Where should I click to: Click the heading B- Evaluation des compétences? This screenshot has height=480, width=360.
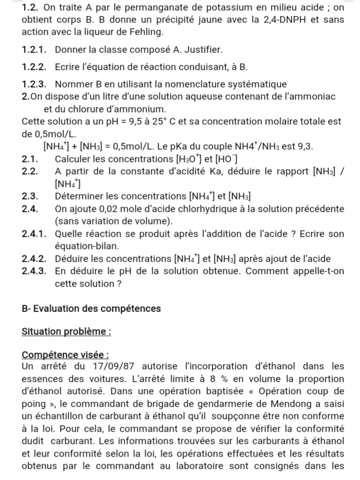(92, 308)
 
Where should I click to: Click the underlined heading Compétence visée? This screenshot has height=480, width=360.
(66, 355)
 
